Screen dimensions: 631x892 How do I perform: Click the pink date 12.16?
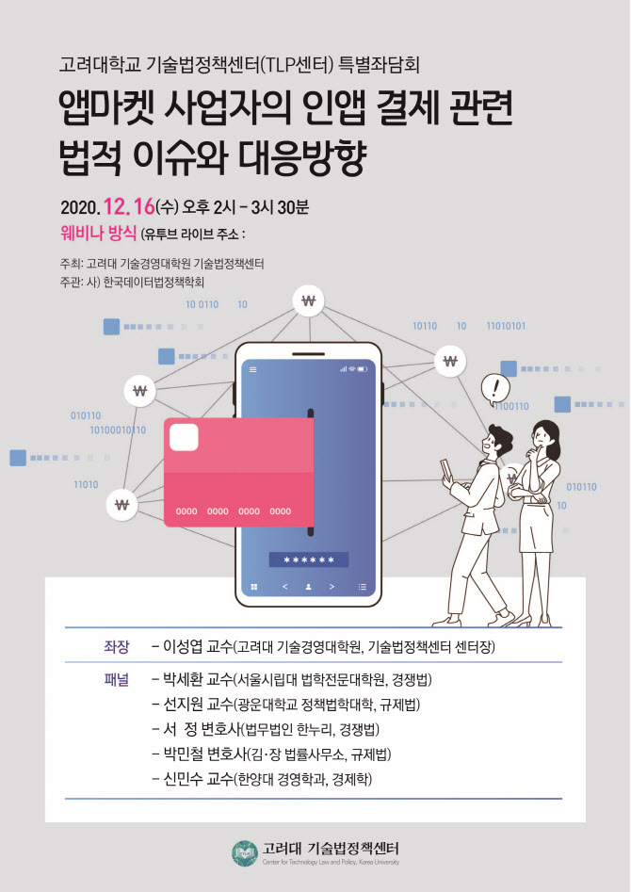pos(129,207)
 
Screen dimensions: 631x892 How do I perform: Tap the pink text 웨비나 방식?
pos(99,234)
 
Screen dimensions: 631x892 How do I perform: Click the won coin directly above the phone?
pos(309,300)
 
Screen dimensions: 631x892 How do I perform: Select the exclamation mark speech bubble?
pos(495,389)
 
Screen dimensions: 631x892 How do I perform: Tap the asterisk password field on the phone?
pos(309,560)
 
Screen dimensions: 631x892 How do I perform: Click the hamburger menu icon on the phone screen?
pos(253,370)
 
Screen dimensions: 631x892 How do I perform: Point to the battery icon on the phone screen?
pos(363,369)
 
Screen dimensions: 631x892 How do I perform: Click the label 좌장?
pos(117,647)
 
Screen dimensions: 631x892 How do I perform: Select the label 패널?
pos(117,680)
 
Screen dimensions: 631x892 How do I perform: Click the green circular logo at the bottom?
pos(245,853)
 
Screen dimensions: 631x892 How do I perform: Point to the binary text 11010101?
pos(506,326)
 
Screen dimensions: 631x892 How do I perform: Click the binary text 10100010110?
pos(118,430)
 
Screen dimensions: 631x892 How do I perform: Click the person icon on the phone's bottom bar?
pos(308,587)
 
